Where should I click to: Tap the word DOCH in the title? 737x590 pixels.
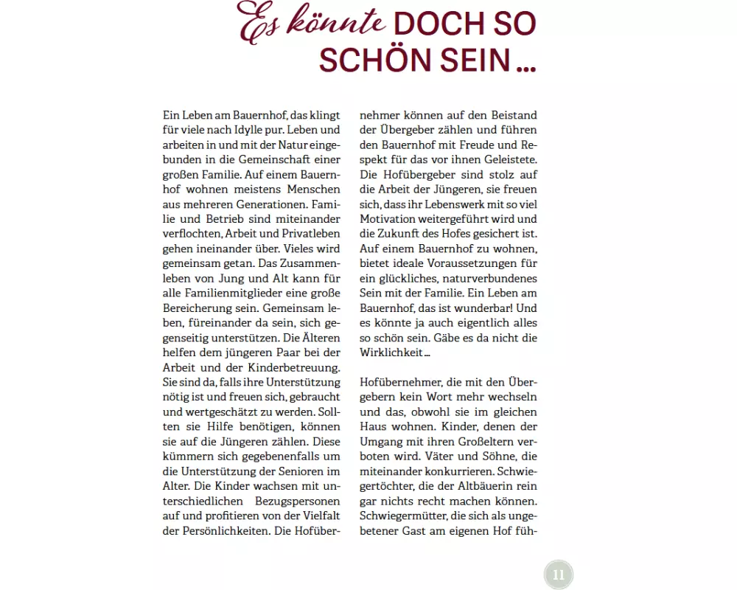click(x=433, y=25)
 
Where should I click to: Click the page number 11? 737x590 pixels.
click(x=558, y=575)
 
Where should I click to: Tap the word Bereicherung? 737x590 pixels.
click(x=198, y=307)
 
